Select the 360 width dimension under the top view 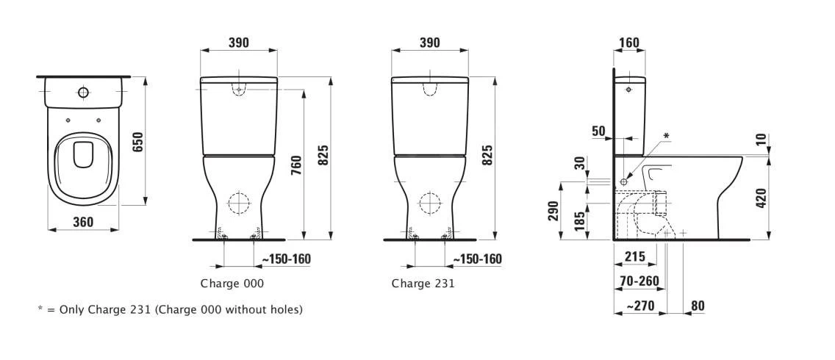coord(83,222)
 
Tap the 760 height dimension coord(295,164)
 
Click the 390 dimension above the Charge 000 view coord(238,43)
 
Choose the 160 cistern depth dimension coord(629,43)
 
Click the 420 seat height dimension coord(761,198)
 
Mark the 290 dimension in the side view coord(553,211)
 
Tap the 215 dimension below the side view coord(634,256)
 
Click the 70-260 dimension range coord(639,281)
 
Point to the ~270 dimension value coord(638,305)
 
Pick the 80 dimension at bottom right coord(697,305)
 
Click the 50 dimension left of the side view coord(599,132)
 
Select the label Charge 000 coord(232,283)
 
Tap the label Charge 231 coord(423,283)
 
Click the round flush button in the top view coord(83,93)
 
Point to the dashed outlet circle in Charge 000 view coord(238,202)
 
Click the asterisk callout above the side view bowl coord(666,136)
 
